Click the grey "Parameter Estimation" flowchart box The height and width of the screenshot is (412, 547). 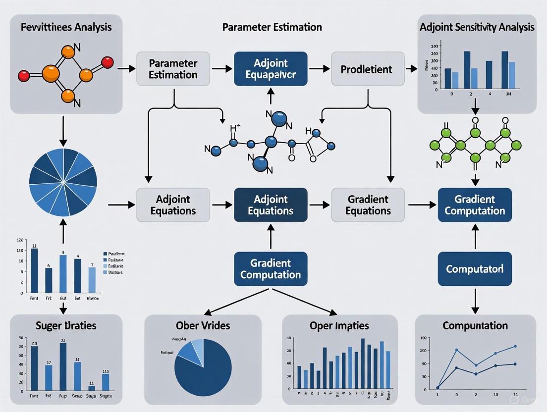(x=173, y=69)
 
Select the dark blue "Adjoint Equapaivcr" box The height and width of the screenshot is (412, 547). (x=271, y=69)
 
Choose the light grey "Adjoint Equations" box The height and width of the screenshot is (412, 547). (x=173, y=205)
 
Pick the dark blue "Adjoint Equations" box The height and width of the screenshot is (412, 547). (x=271, y=205)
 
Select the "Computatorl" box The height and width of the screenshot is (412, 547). (x=475, y=269)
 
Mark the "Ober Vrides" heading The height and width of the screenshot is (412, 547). (x=203, y=325)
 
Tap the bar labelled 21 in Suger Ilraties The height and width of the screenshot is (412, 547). (x=63, y=366)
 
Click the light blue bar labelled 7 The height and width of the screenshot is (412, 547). (x=92, y=280)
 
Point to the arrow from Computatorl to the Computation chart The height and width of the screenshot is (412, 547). (x=475, y=300)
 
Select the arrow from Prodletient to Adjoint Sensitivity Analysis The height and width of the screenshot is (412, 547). (x=411, y=69)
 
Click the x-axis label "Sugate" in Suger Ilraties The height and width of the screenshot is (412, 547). (x=105, y=397)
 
